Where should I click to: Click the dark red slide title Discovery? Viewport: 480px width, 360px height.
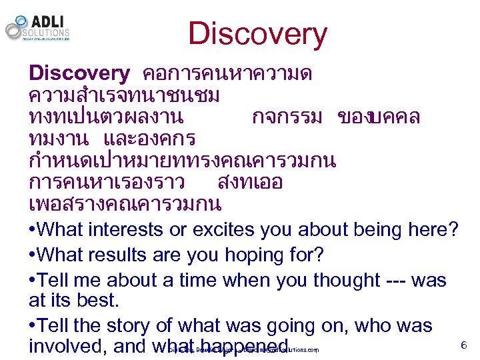pyautogui.click(x=257, y=34)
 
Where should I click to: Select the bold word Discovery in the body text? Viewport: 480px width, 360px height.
pyautogui.click(x=79, y=73)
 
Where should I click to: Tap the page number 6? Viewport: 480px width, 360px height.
pyautogui.click(x=463, y=345)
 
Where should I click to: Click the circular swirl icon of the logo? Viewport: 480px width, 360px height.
pyautogui.click(x=15, y=27)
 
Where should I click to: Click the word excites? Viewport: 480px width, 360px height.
pyautogui.click(x=225, y=230)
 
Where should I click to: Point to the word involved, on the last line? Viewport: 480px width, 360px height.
pyautogui.click(x=66, y=347)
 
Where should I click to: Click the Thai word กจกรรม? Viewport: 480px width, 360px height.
pyautogui.click(x=287, y=117)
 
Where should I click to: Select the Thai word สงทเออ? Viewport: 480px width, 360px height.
pyautogui.click(x=250, y=181)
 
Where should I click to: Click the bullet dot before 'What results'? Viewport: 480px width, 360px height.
pyautogui.click(x=33, y=256)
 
